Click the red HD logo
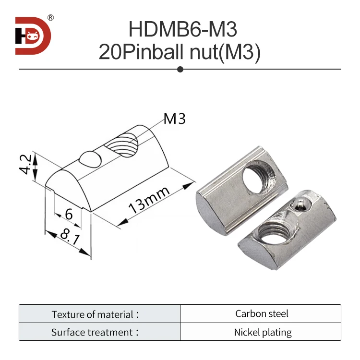[33, 36]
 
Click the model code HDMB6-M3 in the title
[182, 30]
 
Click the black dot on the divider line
[180, 70]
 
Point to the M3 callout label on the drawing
[174, 119]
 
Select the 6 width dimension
[69, 214]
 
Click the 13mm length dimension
[149, 201]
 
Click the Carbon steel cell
[262, 314]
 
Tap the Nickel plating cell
[262, 332]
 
